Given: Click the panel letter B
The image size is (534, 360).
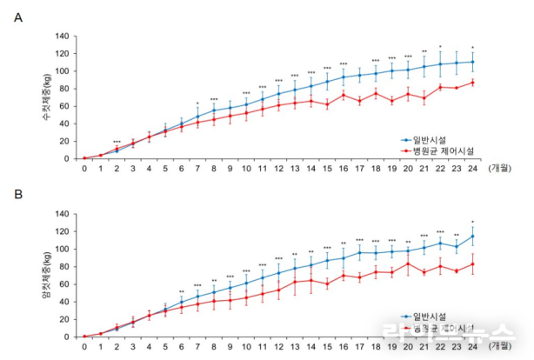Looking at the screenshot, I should click(x=18, y=195).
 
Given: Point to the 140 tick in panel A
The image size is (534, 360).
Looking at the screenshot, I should click(x=61, y=37).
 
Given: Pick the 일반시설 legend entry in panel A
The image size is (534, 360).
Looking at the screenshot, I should click(x=430, y=138).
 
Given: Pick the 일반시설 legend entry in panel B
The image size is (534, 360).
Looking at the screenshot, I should click(x=430, y=317).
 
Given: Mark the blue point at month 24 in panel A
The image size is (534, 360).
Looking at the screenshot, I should click(x=472, y=62).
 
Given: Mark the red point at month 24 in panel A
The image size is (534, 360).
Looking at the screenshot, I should click(x=472, y=83).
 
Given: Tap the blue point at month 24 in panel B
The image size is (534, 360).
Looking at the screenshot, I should click(x=472, y=237).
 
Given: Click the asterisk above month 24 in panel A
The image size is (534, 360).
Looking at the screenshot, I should click(x=472, y=48).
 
